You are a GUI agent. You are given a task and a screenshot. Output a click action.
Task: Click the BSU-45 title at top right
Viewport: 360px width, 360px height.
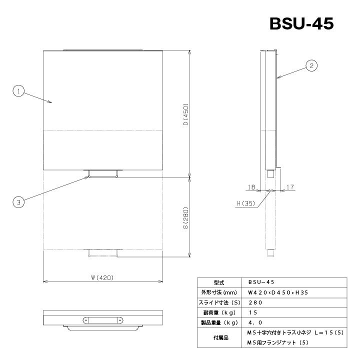(x=301, y=23)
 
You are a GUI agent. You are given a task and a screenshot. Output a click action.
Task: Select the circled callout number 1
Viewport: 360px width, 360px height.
(x=18, y=91)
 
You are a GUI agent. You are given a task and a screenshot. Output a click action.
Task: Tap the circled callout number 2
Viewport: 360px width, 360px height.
(x=311, y=65)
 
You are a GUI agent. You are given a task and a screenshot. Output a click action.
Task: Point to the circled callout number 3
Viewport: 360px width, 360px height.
(x=18, y=202)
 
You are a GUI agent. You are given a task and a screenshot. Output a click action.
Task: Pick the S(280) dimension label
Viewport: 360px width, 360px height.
(x=184, y=218)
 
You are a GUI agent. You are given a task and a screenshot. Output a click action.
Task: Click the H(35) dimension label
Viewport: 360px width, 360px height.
(x=245, y=203)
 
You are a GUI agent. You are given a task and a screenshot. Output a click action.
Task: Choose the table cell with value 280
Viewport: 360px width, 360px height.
(x=254, y=302)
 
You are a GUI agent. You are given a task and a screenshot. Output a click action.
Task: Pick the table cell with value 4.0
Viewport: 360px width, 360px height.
(x=254, y=322)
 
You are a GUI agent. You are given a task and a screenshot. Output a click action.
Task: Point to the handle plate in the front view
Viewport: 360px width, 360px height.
(x=103, y=319)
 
